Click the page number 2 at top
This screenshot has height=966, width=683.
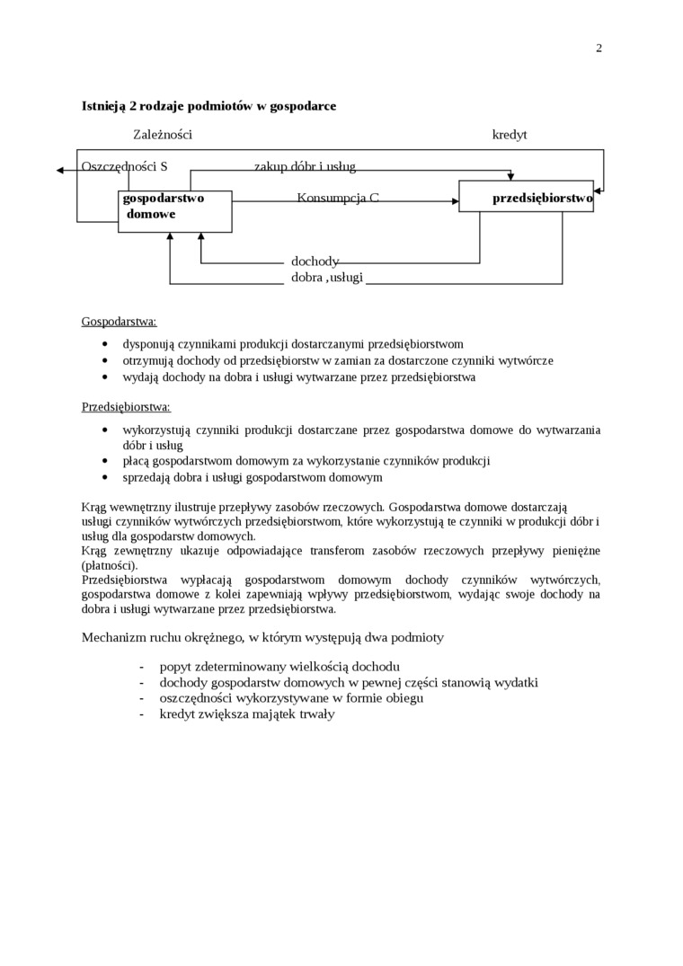coord(599,49)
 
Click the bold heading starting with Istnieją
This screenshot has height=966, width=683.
coord(208,106)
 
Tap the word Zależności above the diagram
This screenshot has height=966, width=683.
coord(163,135)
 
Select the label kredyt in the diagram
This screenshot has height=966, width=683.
coord(510,135)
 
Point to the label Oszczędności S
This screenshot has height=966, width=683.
coord(124,166)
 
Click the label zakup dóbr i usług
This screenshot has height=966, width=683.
coord(305,166)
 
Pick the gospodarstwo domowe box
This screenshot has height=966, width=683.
coord(174,211)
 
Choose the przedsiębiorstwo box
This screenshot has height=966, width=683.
coord(526,197)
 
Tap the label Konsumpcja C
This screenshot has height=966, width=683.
coord(338,197)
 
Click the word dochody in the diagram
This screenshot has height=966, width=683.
coord(315,261)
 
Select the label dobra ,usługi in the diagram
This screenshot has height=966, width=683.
coord(327,277)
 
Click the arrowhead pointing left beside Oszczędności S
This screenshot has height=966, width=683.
coord(59,170)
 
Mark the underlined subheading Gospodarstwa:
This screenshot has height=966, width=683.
coord(119,321)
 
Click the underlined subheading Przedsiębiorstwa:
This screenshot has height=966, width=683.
coord(126,407)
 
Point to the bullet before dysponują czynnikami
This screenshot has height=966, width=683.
coord(106,344)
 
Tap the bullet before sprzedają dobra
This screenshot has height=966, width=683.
coord(106,478)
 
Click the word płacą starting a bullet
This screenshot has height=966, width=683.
coord(137,461)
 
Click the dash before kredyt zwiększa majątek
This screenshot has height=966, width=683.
coord(142,714)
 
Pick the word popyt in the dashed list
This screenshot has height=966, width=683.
coord(176,666)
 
